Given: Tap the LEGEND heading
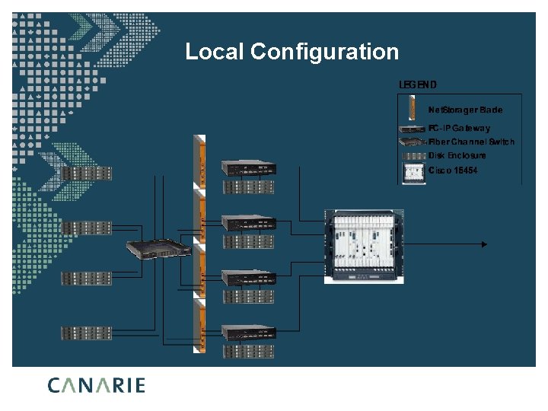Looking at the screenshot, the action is pyautogui.click(x=418, y=84).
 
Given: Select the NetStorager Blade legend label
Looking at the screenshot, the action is pyautogui.click(x=465, y=110).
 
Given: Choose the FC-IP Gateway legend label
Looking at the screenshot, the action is pyautogui.click(x=459, y=128).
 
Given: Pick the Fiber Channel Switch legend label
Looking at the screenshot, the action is pyautogui.click(x=471, y=142).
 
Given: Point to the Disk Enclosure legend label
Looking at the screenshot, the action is pyautogui.click(x=457, y=155).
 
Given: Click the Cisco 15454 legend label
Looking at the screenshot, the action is pyautogui.click(x=453, y=170).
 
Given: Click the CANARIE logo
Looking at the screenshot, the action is pyautogui.click(x=96, y=385).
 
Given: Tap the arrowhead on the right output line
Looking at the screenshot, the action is pyautogui.click(x=483, y=244).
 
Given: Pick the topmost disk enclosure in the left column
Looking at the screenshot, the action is pyautogui.click(x=86, y=173).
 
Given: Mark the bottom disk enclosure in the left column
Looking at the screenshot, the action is pyautogui.click(x=86, y=333).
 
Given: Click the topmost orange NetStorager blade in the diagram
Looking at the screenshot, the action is pyautogui.click(x=200, y=161).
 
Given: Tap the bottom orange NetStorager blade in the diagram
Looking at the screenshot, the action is pyautogui.click(x=200, y=325).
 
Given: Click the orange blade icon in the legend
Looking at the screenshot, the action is pyautogui.click(x=412, y=108).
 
